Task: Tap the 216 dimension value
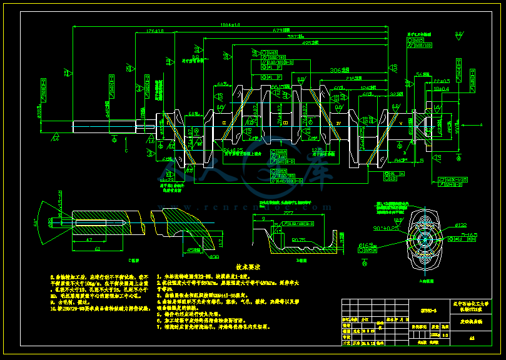pyautogui.click(x=355, y=79)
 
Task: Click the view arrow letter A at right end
pyautogui.click(x=482, y=124)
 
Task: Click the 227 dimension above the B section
pyautogui.click(x=290, y=212)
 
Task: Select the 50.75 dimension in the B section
pyautogui.click(x=298, y=239)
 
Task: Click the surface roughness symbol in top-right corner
pyautogui.click(x=459, y=35)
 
